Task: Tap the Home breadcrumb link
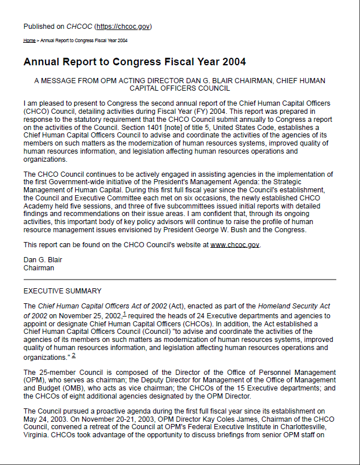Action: click(29, 40)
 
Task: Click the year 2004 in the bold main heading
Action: click(232, 62)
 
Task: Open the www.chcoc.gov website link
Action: click(235, 245)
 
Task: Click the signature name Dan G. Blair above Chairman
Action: click(43, 260)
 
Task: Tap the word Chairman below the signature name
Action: click(39, 268)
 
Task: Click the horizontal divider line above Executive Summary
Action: click(180, 280)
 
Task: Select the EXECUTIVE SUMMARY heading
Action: click(62, 291)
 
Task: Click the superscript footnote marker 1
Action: click(124, 313)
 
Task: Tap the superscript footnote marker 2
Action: click(73, 355)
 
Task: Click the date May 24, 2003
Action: click(44, 419)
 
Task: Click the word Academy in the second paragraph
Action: click(40, 206)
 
